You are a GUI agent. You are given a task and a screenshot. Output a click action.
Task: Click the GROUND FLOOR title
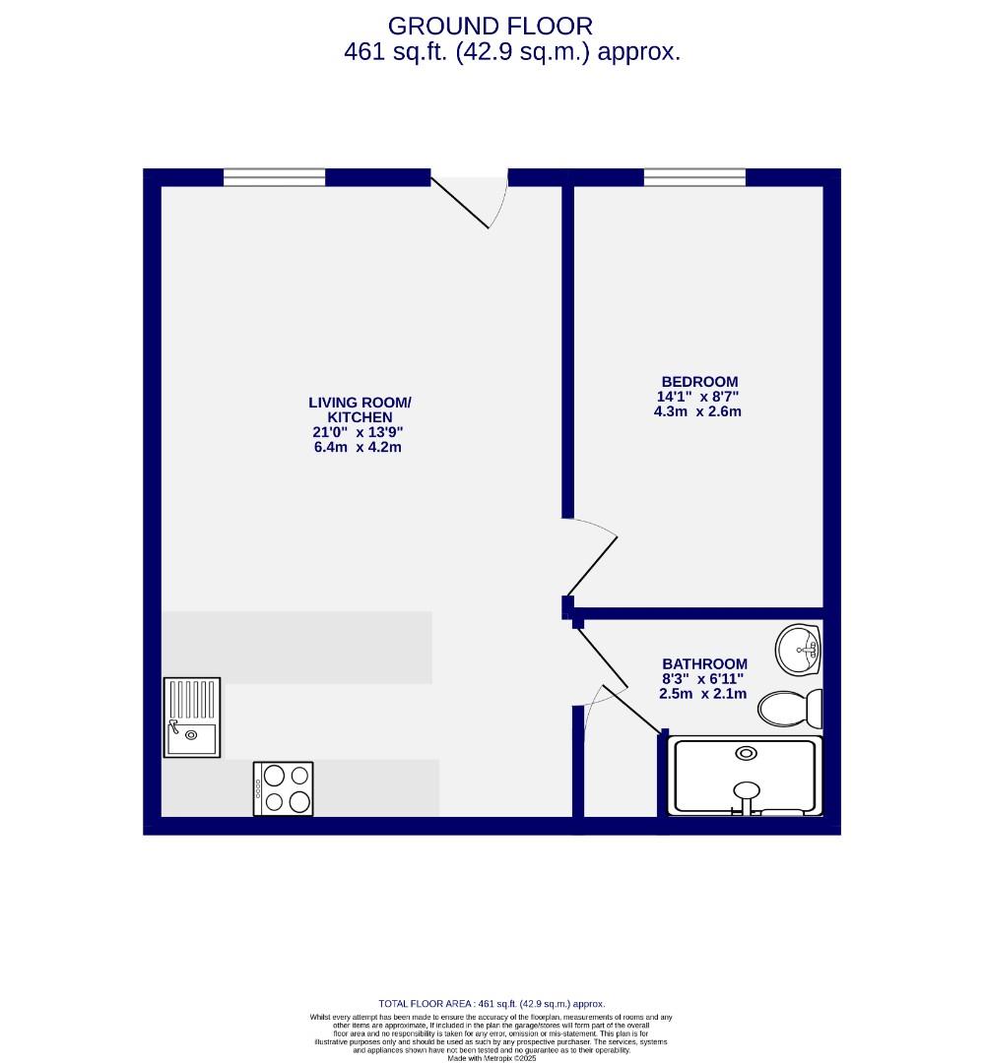tap(491, 26)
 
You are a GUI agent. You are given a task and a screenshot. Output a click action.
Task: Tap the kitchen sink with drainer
tap(192, 718)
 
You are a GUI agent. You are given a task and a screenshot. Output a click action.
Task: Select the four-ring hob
tap(284, 788)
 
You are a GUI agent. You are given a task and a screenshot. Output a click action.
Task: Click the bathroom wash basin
tap(799, 650)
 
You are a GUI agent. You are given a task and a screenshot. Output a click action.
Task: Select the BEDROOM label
tap(698, 382)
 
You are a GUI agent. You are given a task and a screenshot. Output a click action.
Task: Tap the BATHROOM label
tap(704, 664)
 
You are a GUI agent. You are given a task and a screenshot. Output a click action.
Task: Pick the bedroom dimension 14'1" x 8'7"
tap(697, 397)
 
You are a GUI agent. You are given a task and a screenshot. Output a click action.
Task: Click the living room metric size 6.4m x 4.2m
tap(357, 447)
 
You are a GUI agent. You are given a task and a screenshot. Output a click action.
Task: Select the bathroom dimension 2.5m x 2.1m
tap(702, 694)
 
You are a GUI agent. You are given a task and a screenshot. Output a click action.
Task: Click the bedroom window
tap(694, 177)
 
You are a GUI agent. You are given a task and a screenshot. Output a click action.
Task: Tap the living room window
tap(274, 177)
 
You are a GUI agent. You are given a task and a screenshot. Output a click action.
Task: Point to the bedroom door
tap(591, 561)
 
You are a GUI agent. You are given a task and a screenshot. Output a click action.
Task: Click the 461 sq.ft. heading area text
tap(512, 52)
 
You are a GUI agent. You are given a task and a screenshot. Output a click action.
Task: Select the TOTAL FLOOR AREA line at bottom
tap(492, 1003)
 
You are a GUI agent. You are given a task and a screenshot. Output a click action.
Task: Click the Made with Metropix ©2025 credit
tap(492, 1058)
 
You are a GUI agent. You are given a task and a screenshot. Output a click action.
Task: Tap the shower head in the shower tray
tap(747, 789)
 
